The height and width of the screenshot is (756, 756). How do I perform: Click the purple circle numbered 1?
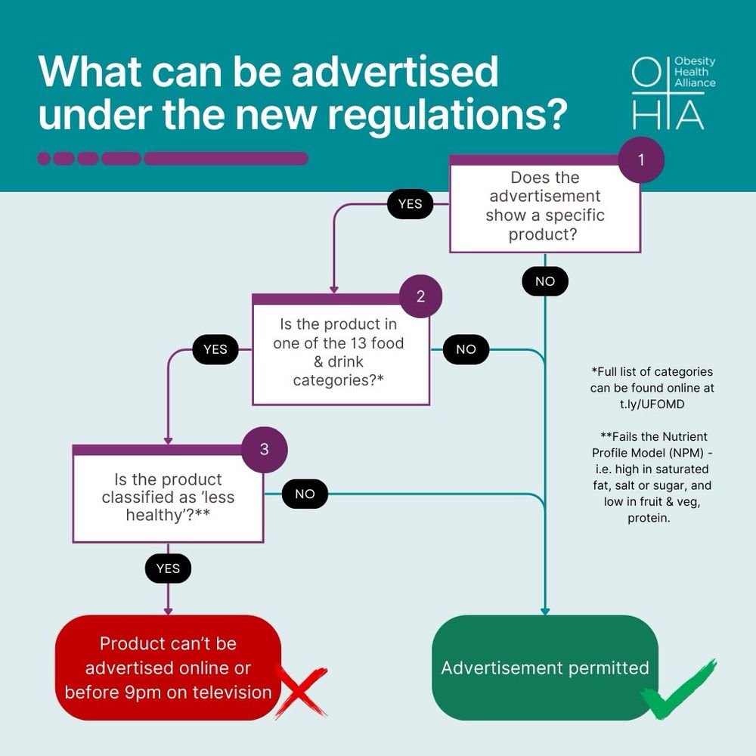641,160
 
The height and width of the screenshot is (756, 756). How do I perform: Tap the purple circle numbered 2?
420,296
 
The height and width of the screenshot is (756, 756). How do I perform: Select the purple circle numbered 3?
264,449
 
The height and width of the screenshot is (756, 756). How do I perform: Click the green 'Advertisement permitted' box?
544,668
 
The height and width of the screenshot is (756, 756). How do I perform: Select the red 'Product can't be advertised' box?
168,668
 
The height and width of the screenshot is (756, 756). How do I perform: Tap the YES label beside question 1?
410,204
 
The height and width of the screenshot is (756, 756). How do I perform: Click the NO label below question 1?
544,281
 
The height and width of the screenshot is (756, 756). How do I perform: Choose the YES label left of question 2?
215,349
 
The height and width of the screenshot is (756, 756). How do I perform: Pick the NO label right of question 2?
466,349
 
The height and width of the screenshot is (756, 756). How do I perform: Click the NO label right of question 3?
305,494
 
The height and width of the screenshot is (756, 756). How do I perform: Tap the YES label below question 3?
168,568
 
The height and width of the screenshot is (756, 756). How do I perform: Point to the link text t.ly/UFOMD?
652,404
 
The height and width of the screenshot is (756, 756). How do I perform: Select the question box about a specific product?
544,206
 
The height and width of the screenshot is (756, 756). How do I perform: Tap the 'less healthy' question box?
168,497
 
